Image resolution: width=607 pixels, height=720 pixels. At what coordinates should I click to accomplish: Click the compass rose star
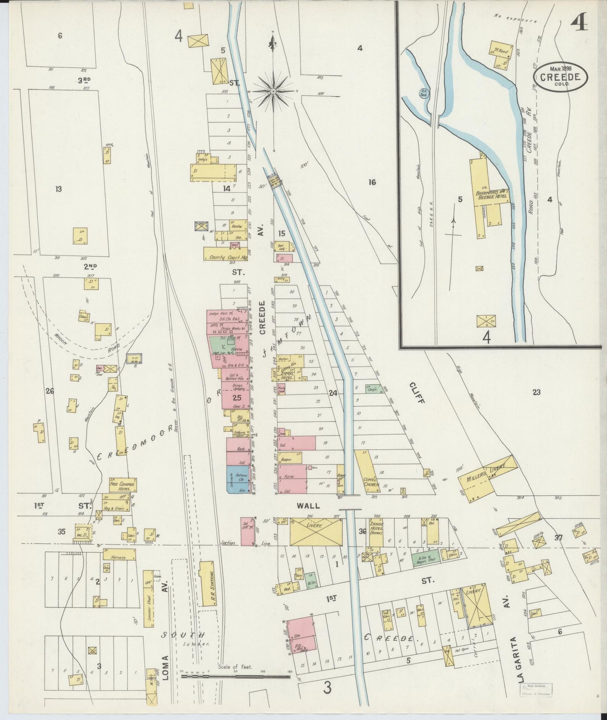tap(273, 90)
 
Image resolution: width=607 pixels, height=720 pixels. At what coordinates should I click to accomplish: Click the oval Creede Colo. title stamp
tap(560, 76)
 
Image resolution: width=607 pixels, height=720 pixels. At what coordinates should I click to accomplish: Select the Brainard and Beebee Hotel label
tap(491, 194)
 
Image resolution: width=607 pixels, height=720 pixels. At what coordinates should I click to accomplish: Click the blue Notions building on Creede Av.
tap(237, 479)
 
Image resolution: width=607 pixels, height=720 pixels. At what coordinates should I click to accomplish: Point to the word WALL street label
tap(308, 506)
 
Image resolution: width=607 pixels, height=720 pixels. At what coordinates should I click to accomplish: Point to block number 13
tap(58, 189)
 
